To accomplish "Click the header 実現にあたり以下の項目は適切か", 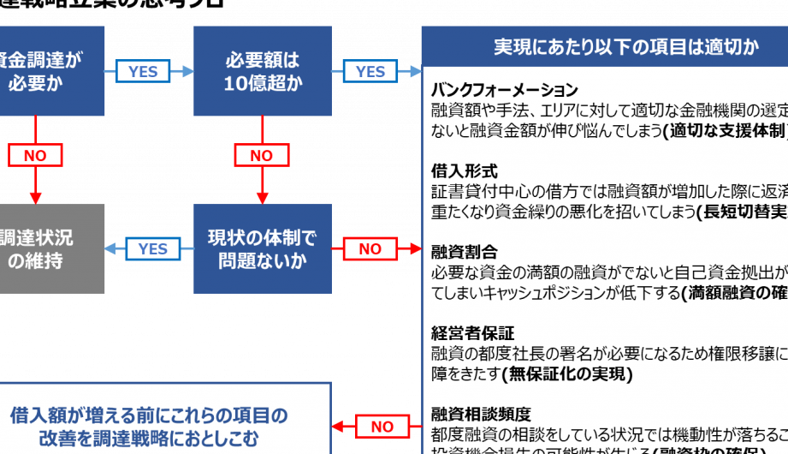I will click(604, 47).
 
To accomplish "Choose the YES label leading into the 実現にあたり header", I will click(370, 72).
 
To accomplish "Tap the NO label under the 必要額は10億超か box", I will click(261, 156).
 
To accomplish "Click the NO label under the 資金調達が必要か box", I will click(35, 156).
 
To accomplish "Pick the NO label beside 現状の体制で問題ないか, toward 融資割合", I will click(370, 249).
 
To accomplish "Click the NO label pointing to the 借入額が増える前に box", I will click(382, 427).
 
